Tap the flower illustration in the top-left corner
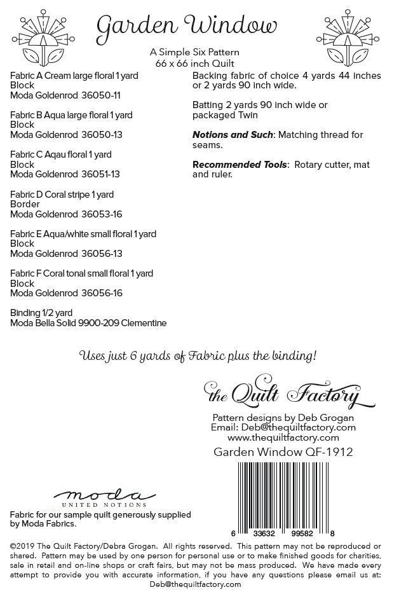43,36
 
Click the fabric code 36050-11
101,95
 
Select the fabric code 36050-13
102,135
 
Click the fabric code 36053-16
102,214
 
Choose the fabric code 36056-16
102,293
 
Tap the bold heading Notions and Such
233,135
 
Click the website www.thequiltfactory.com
283,437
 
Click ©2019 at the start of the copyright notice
22,546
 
